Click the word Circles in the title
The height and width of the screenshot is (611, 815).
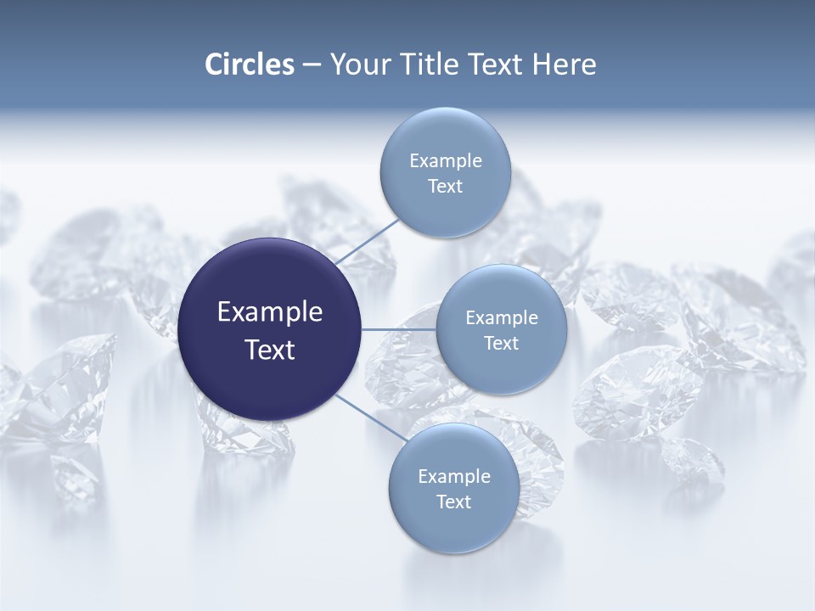coord(249,64)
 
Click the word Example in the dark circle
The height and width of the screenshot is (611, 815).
coord(270,312)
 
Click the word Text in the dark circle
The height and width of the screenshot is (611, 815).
coord(270,350)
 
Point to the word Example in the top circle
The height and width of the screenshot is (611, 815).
coord(445,161)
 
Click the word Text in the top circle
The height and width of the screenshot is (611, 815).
coord(445,187)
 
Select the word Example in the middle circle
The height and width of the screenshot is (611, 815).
coord(501,318)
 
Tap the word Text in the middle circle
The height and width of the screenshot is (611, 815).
coord(501,344)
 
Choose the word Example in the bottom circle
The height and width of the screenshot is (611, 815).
coord(453,477)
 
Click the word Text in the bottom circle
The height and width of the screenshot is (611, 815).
coord(453,502)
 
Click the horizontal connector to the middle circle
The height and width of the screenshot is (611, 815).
coord(399,329)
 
